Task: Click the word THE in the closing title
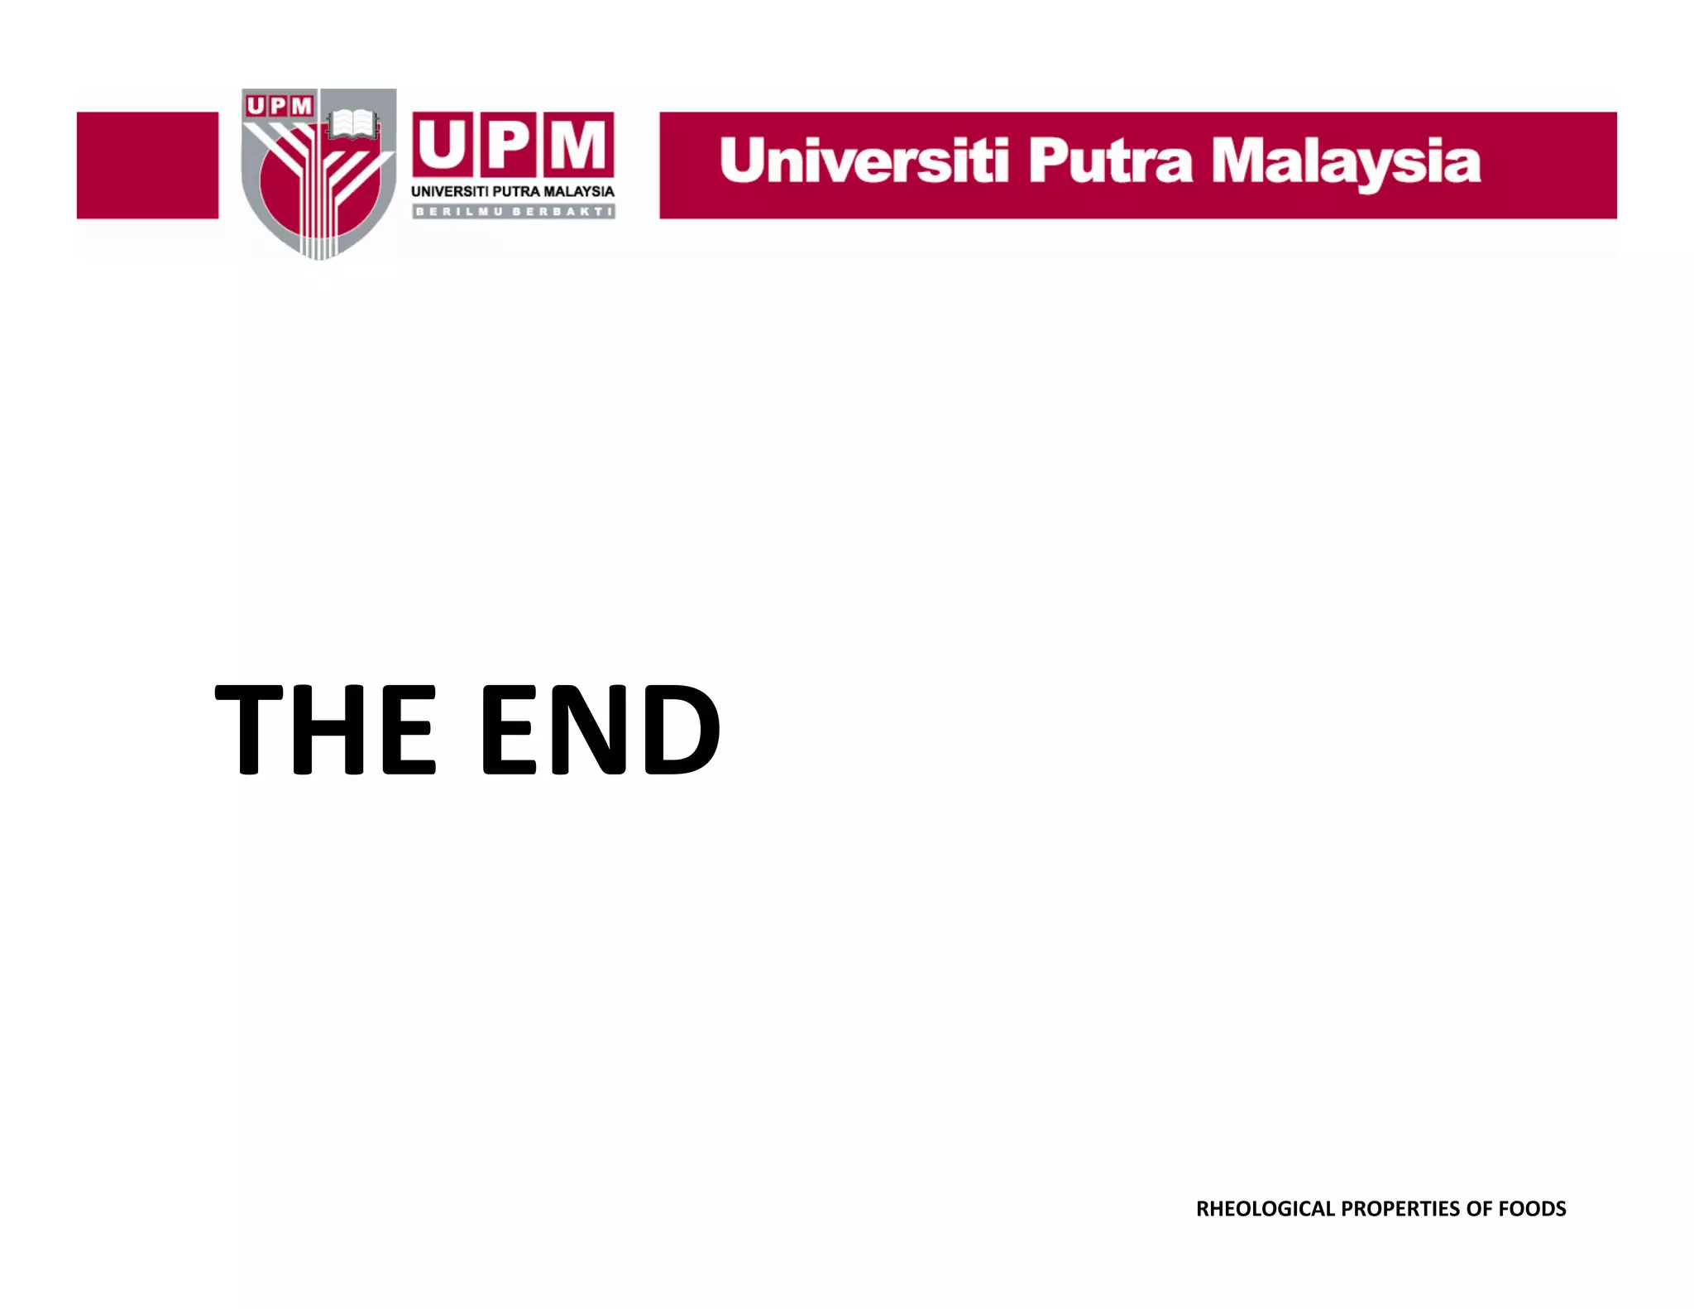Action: (x=325, y=730)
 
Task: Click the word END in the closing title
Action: (x=600, y=730)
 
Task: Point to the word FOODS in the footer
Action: (x=1532, y=1209)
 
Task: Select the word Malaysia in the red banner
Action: (x=1346, y=163)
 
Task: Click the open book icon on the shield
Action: (x=353, y=125)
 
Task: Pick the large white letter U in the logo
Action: (x=443, y=145)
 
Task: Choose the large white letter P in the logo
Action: (x=506, y=145)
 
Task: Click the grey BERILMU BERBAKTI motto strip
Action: (x=513, y=212)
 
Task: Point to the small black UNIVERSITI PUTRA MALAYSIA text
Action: (x=513, y=192)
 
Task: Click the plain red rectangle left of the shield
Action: (x=147, y=165)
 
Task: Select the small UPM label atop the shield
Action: (x=280, y=106)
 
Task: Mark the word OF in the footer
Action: (x=1478, y=1209)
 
